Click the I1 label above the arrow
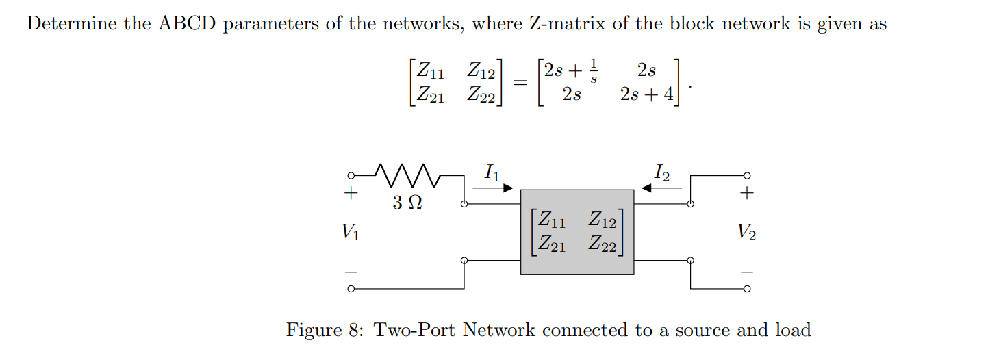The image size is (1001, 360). click(491, 172)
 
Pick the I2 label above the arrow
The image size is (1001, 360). click(661, 172)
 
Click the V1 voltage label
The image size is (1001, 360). click(350, 233)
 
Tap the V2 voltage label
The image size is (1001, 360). click(747, 233)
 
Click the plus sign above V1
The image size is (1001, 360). click(351, 193)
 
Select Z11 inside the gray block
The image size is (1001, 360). click(551, 220)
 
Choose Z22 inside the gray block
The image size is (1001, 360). click(602, 243)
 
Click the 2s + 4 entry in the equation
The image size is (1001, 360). click(646, 94)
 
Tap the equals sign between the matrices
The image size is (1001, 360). click(520, 82)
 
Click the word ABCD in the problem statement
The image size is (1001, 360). click(188, 24)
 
